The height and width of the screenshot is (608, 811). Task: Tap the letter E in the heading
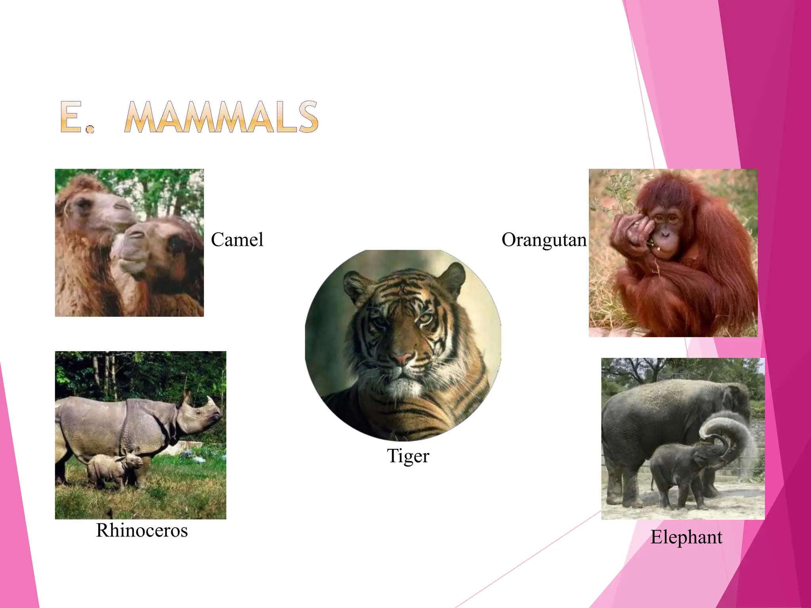[x=72, y=117]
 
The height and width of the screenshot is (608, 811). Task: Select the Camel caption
[x=237, y=240]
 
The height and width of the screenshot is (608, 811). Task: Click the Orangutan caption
[x=544, y=240]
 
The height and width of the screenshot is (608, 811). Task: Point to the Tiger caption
[x=408, y=456]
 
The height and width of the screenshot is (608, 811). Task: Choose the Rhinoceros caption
[x=142, y=530]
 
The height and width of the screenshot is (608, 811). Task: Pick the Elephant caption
[x=686, y=537]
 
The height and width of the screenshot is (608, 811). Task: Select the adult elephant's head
[x=733, y=400]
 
